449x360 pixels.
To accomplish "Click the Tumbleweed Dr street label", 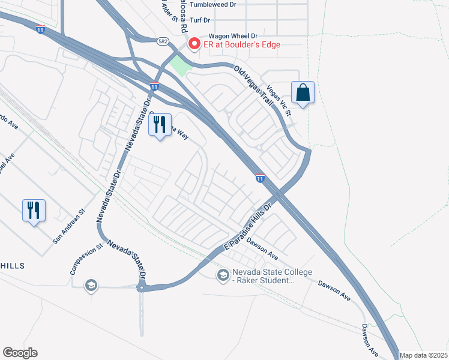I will [213, 4].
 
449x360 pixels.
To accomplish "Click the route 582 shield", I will [163, 41].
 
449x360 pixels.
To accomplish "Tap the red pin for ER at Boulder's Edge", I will [193, 43].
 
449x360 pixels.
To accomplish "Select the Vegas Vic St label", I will [279, 100].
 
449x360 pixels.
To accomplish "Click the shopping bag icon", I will [303, 93].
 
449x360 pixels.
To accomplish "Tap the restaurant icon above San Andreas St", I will [34, 210].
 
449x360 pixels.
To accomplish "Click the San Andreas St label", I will [70, 226].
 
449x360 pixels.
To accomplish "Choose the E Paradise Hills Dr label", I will [248, 226].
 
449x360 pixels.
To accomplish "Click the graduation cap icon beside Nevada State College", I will [223, 275].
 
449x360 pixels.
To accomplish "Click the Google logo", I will [20, 353].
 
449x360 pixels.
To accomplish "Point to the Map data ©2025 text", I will [423, 355].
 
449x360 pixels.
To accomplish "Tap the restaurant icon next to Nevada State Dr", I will [160, 125].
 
